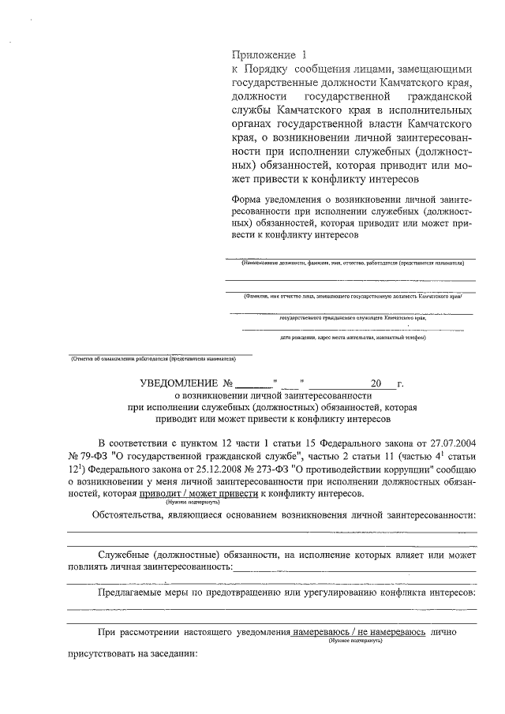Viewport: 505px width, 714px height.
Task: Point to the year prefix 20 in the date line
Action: tap(376, 383)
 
